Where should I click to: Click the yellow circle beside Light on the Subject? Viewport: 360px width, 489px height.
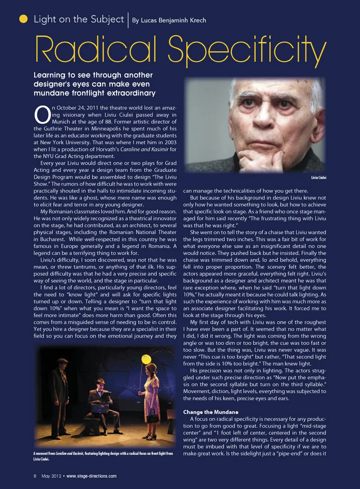pyautogui.click(x=23, y=19)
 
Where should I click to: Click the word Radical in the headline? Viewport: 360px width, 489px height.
pyautogui.click(x=96, y=49)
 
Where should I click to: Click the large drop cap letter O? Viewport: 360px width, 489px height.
pyautogui.click(x=42, y=115)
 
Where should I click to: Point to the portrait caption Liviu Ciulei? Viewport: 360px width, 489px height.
pyautogui.click(x=318, y=178)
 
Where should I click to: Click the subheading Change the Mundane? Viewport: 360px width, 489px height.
pyautogui.click(x=210, y=412)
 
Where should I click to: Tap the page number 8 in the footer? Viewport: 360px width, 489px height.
pyautogui.click(x=35, y=476)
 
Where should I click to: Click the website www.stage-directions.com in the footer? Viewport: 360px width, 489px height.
pyautogui.click(x=91, y=476)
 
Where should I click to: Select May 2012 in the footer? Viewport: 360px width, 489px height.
pyautogui.click(x=51, y=476)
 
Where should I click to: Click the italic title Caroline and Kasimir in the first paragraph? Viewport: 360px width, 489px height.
pyautogui.click(x=144, y=149)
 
